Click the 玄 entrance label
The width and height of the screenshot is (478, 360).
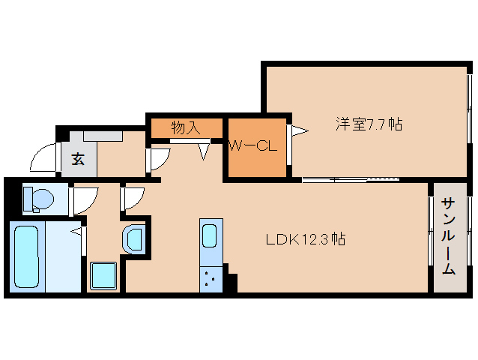point(78,158)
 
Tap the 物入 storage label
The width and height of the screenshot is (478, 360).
point(186,127)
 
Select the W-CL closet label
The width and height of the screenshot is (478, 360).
point(252,146)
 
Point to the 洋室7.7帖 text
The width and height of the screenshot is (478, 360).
point(368,124)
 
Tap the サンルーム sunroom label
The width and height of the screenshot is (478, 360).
point(448,237)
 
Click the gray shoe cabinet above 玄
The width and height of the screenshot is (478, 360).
point(103,136)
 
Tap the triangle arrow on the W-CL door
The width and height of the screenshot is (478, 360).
point(299,132)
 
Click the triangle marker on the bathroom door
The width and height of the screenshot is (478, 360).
point(77,232)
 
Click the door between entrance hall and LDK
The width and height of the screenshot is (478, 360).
point(159,159)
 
